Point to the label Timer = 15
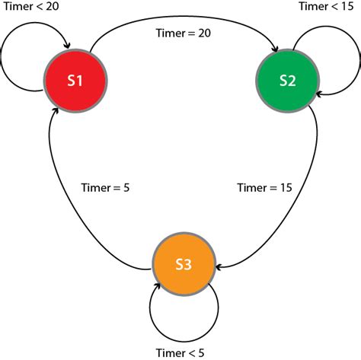264,187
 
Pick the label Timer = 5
105,187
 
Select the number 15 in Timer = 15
284,187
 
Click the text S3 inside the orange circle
184,265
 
